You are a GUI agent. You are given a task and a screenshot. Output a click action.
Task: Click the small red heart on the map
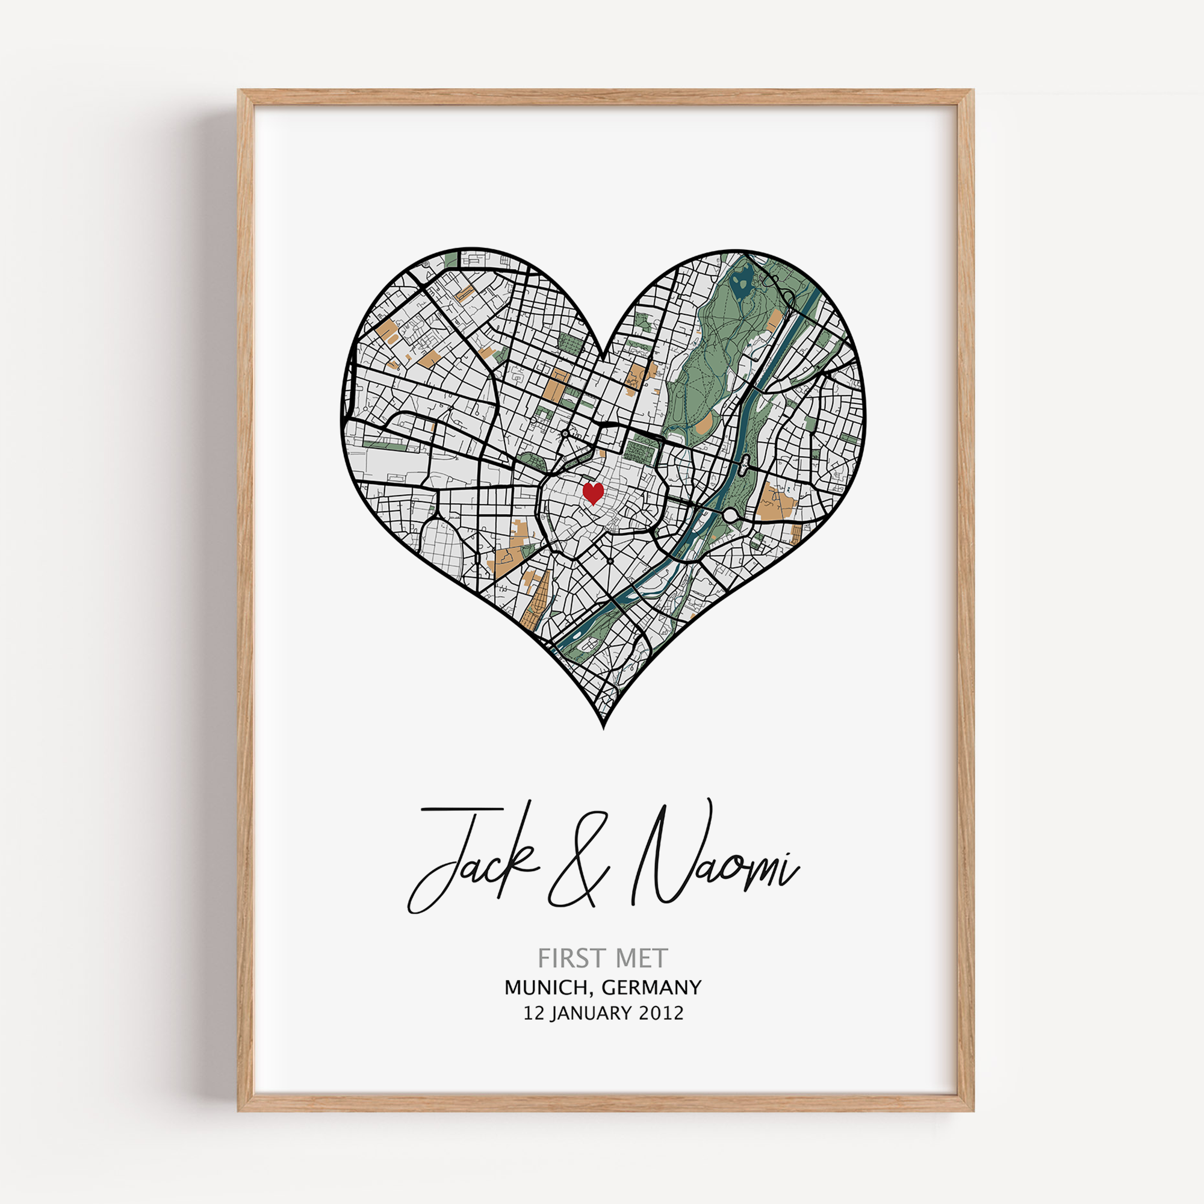point(592,493)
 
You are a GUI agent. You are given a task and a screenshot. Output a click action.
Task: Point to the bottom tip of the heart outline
point(604,727)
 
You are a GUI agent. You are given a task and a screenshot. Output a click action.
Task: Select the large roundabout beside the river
point(730,515)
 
